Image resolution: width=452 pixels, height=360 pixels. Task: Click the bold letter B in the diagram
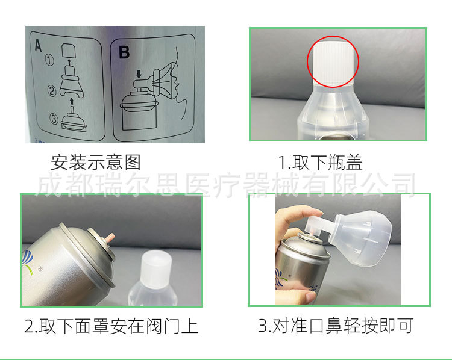[x=124, y=52]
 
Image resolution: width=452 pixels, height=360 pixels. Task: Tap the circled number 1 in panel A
[x=51, y=61]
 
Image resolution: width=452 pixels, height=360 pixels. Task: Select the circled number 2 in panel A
[x=52, y=92]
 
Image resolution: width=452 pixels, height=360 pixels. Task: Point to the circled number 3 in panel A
[x=54, y=119]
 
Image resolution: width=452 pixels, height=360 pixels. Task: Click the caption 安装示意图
[x=96, y=163]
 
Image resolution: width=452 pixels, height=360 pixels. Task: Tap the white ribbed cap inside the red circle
[x=333, y=61]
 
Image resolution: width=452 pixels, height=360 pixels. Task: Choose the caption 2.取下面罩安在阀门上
[x=111, y=327]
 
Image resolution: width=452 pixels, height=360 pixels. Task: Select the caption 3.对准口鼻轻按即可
[x=336, y=327]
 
